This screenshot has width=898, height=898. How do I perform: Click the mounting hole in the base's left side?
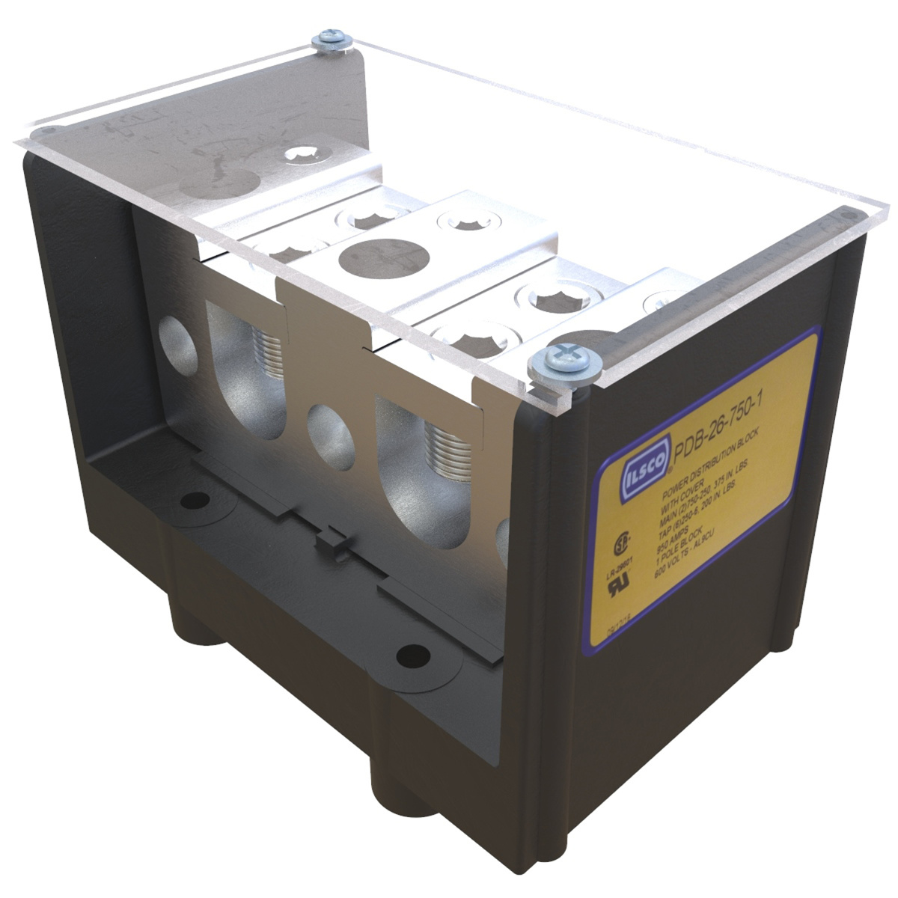coord(196,499)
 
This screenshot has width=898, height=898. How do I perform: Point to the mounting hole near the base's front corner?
coord(410,656)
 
